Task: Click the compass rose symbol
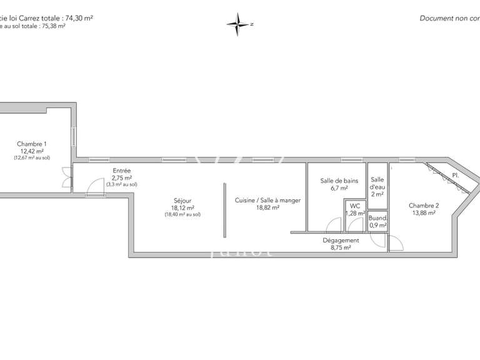click(x=238, y=24)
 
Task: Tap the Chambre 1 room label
click(x=32, y=144)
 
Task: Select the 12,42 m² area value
click(x=32, y=151)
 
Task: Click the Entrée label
click(x=122, y=171)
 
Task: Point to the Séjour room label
click(x=183, y=201)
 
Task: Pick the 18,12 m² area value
click(x=183, y=208)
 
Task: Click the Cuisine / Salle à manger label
click(x=267, y=201)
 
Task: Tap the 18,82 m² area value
click(x=267, y=208)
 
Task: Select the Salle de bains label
click(x=339, y=181)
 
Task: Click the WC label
click(x=355, y=206)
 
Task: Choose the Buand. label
click(x=377, y=218)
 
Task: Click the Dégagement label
click(x=341, y=240)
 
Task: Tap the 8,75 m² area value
click(x=341, y=247)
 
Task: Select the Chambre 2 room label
click(x=424, y=206)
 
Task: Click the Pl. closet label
click(x=456, y=176)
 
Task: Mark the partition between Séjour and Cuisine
click(x=224, y=210)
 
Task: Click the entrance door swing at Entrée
click(x=96, y=186)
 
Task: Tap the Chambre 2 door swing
click(x=395, y=244)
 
